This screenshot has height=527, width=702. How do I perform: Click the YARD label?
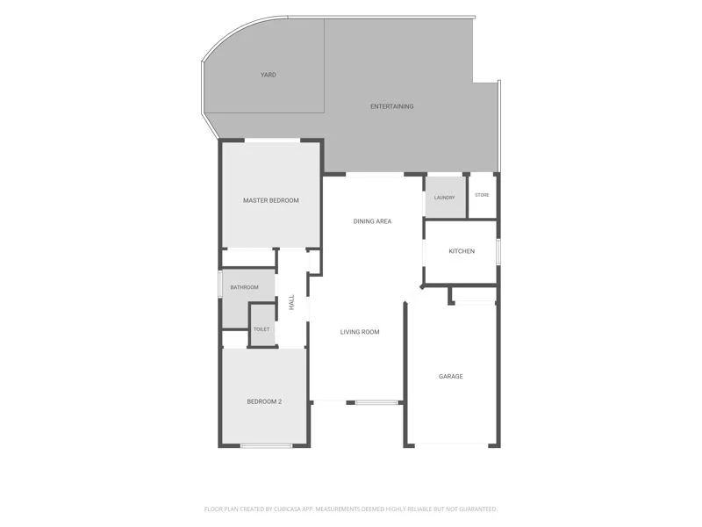269,75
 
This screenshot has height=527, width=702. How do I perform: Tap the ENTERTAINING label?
391,106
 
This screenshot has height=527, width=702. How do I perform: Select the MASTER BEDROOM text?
271,200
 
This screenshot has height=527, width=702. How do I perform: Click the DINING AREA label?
372,221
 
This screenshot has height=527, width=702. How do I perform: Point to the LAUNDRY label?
445,198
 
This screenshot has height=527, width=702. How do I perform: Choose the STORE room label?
482,195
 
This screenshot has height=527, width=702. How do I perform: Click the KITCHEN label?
462,251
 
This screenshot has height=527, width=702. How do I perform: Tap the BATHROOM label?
245,287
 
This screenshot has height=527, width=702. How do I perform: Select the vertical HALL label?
292,302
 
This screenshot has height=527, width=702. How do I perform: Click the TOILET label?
261,329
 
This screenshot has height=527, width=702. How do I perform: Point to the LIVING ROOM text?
360,332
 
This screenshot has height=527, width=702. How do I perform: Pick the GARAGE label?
451,377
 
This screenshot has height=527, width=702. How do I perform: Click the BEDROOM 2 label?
264,401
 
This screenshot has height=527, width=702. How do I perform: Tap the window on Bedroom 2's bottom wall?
267,445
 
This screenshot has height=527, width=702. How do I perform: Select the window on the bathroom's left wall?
220,283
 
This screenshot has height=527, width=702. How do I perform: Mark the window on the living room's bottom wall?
376,403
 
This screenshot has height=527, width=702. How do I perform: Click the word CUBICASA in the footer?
289,509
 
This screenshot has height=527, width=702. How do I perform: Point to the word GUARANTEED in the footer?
478,509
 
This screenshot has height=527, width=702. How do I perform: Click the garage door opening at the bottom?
451,445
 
